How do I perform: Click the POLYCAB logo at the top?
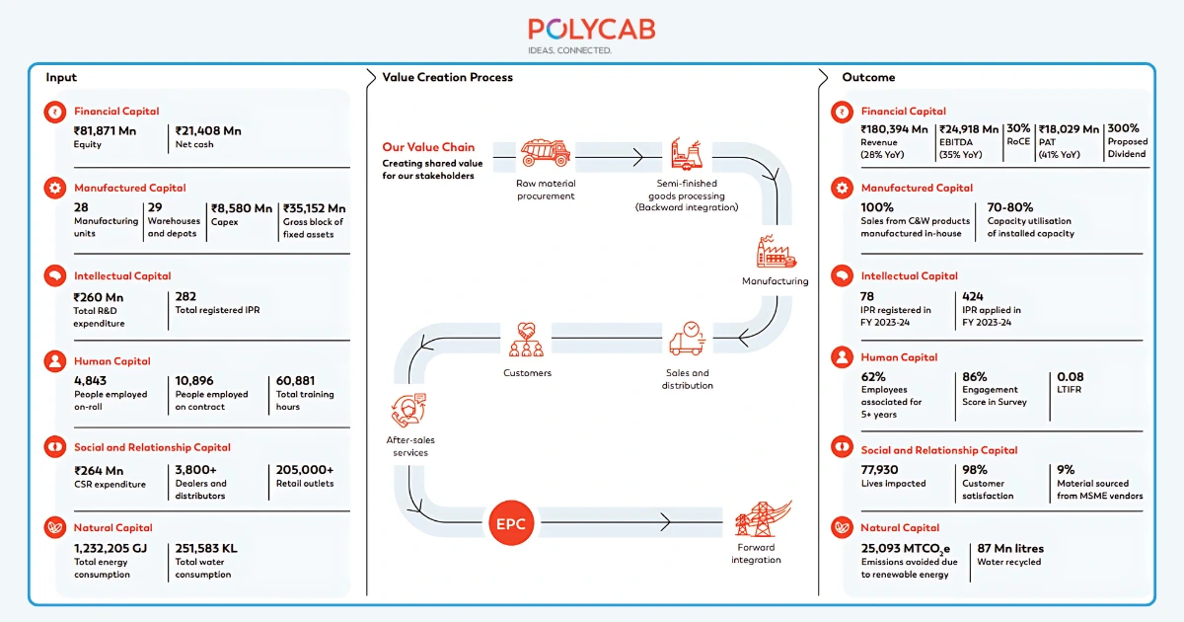pos(591,30)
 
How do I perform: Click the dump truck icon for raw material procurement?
pos(545,153)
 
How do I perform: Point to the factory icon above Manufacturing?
pos(776,253)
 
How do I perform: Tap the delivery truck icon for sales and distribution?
pos(687,340)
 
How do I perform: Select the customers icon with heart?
pos(527,341)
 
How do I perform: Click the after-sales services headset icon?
pos(408,409)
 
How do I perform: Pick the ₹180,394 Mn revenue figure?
pos(894,129)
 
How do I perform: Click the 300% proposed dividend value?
pos(1123,128)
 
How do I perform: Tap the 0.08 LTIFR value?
pos(1070,377)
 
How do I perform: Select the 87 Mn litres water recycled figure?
pos(1009,549)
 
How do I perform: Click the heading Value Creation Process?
pos(447,77)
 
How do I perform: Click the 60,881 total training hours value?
pos(296,381)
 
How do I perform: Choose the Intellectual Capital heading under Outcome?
pos(909,276)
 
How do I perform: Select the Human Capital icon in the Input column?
pos(53,362)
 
